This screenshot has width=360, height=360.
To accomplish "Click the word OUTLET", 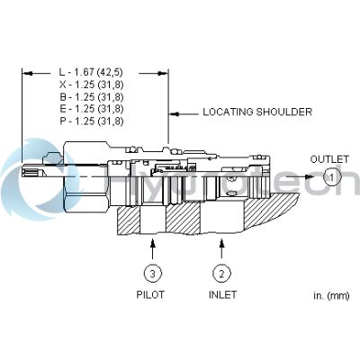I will point(328,159).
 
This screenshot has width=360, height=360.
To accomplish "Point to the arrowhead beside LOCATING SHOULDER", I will point(175,113).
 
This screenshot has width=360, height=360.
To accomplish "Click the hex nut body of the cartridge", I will point(85,175).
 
